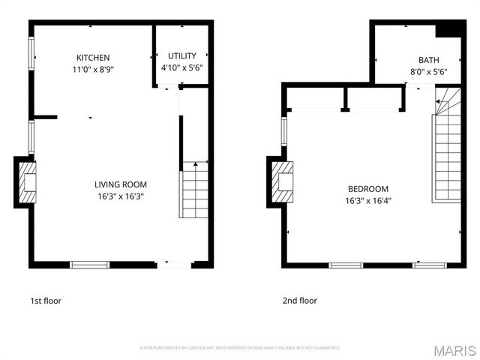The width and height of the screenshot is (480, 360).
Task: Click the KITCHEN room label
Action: coord(93,58)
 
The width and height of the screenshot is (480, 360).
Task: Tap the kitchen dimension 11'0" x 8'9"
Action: coord(93,69)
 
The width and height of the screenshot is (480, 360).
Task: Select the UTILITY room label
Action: coord(182,55)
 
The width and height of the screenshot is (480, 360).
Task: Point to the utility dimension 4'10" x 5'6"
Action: coord(182,67)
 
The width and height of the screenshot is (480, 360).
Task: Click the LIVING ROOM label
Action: coord(120,184)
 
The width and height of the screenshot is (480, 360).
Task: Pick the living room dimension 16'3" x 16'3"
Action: coord(120,196)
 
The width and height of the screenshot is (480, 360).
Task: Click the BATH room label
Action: coord(429,61)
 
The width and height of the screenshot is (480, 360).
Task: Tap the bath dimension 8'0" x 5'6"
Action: coord(429,73)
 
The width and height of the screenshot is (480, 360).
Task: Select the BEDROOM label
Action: coord(367,189)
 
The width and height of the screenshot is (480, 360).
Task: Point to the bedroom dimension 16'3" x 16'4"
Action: coord(367,201)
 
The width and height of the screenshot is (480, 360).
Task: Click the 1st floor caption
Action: coord(46,301)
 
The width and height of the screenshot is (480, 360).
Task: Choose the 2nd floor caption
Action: coord(299,301)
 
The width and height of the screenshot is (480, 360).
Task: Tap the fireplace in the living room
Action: coord(26,181)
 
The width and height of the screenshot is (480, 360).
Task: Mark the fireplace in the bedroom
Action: coord(280,181)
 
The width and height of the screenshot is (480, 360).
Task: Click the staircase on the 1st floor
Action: coord(195,191)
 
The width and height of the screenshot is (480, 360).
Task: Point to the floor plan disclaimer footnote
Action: coord(240,348)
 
